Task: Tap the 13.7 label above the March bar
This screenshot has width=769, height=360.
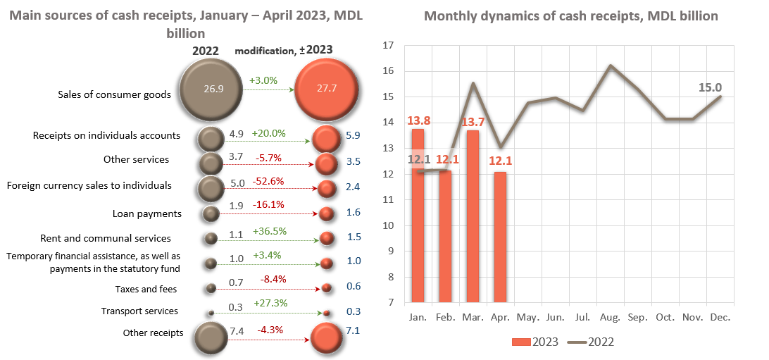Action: click(x=472, y=121)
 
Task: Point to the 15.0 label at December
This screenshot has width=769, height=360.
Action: click(x=709, y=87)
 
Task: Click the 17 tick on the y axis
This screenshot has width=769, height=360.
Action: click(x=387, y=46)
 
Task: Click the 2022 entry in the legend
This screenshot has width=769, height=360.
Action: click(x=592, y=342)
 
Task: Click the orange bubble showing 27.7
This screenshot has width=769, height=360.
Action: click(x=325, y=89)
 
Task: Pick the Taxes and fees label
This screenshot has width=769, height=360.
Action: click(x=146, y=289)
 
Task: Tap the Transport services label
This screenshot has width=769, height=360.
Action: click(x=139, y=311)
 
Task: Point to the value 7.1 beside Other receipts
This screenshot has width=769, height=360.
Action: click(x=353, y=330)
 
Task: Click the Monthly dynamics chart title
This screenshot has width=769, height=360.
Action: click(x=570, y=16)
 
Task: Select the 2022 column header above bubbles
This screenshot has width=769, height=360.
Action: click(x=206, y=51)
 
